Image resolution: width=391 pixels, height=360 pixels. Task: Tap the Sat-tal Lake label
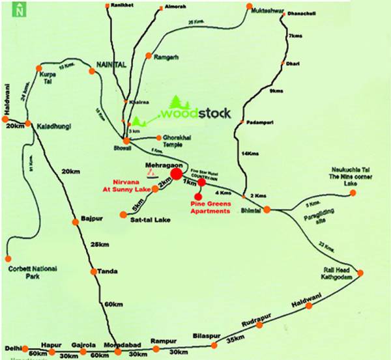point(150,221)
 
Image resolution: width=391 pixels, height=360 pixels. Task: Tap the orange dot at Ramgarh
point(149,57)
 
